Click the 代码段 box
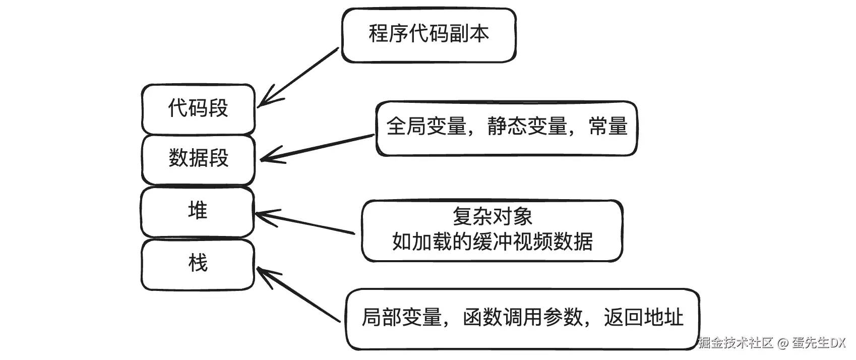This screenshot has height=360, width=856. pos(198,109)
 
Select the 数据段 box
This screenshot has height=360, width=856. pos(198,159)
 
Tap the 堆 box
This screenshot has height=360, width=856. pos(197,211)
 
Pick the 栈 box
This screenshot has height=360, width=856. pos(197,264)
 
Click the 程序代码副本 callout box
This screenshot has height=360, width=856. pos(429,35)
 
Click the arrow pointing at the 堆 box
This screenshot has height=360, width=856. pos(304,223)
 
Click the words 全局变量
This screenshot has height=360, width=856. pos(426,126)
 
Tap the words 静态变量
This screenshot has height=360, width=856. pos(527,126)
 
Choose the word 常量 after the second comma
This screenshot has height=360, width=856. pos(608,126)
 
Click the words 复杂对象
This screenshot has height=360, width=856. pos(492,217)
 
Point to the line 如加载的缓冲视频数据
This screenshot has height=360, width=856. pos(492,242)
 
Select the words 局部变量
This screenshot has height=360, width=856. pos(401,318)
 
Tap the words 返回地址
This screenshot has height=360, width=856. pos(643,318)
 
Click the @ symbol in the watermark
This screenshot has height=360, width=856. pos(782,343)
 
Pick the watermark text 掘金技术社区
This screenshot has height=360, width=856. pos(736,343)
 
